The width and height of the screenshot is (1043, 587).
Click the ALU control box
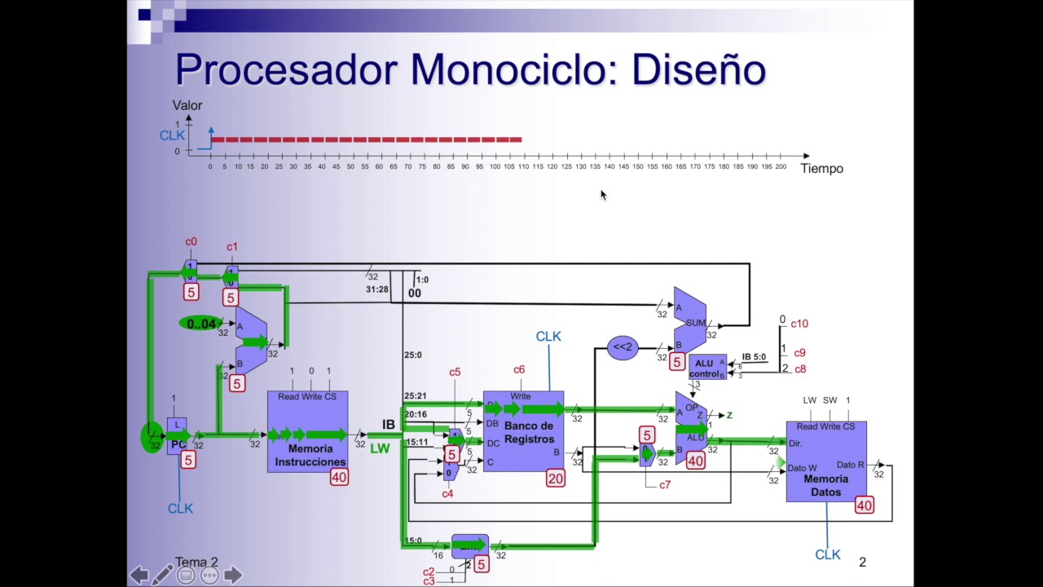click(x=705, y=369)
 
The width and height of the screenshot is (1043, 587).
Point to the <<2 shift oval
click(x=623, y=347)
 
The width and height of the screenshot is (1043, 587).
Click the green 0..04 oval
click(x=200, y=324)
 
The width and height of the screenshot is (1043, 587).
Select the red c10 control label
click(x=799, y=324)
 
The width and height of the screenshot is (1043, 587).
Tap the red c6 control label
click(x=519, y=369)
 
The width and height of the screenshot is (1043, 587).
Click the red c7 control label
click(x=665, y=484)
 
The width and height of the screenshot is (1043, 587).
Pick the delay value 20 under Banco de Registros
click(x=555, y=479)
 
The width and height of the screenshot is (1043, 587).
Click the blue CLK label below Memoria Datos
click(x=827, y=554)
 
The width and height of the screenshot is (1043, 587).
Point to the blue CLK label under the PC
click(x=180, y=508)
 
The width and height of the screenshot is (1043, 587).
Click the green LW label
click(x=380, y=448)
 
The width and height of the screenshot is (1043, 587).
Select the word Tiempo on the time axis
click(x=821, y=169)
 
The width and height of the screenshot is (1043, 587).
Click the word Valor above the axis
click(x=187, y=105)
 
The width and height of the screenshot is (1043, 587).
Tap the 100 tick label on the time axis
click(x=495, y=166)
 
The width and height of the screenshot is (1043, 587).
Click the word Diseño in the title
click(x=698, y=70)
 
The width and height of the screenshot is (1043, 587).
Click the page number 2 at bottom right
click(x=862, y=562)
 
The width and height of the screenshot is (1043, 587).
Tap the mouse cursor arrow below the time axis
click(x=603, y=195)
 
